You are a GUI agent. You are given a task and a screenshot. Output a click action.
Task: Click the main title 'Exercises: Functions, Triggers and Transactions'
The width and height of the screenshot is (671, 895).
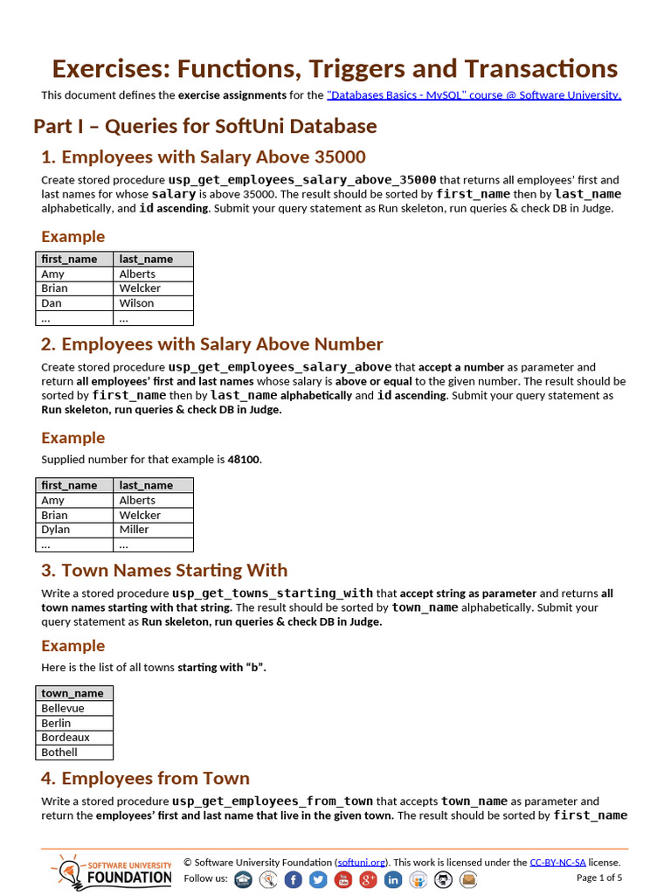[x=335, y=68]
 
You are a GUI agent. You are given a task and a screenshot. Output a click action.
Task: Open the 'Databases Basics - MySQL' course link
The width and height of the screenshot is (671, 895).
[x=474, y=95]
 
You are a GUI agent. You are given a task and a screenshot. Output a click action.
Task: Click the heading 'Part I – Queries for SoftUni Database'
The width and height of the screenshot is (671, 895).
[x=204, y=126]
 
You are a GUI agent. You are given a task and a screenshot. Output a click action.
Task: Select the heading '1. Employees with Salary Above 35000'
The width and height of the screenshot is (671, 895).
[x=204, y=157]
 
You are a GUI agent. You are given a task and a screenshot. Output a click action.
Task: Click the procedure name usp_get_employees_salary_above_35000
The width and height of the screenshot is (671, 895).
[x=302, y=179]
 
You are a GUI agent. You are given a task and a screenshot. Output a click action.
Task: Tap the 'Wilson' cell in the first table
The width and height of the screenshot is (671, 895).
[x=136, y=303]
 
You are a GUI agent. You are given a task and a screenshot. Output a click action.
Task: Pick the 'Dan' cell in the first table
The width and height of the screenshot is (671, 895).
[x=52, y=303]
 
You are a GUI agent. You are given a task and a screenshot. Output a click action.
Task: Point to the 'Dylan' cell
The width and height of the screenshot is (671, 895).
[x=55, y=530]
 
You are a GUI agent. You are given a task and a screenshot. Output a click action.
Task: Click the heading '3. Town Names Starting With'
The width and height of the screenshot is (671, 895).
[x=164, y=571]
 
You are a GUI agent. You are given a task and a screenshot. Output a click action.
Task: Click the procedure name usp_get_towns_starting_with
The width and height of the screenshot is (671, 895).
[x=272, y=593]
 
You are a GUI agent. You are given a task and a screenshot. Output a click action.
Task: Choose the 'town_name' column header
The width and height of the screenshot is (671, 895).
[x=73, y=693]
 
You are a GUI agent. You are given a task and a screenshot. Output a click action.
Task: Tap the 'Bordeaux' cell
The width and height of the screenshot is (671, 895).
[x=66, y=738]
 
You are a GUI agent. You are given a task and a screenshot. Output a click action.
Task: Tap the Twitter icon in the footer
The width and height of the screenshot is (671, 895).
[x=318, y=879]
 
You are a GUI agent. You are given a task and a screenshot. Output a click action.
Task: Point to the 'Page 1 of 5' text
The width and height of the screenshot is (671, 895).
[x=598, y=878]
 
